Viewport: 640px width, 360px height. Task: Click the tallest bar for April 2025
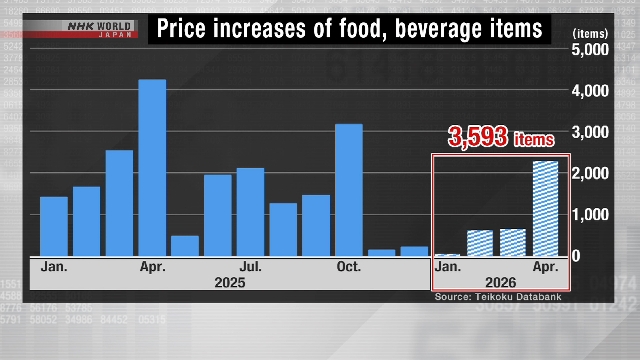coord(152,167)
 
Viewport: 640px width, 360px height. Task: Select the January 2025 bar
coord(54,226)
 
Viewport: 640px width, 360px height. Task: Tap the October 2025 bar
coord(348,189)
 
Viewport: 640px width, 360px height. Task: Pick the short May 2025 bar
coord(185,245)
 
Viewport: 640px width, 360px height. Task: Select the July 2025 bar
coord(250,211)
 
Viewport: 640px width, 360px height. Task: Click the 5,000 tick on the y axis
coord(589,49)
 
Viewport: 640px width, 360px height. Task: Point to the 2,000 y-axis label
coord(589,173)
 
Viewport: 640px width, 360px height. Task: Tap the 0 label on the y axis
coord(603,256)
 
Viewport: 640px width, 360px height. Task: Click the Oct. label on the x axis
coord(348,267)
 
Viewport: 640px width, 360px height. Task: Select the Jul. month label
coord(250,267)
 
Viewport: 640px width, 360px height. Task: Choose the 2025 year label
coord(230,283)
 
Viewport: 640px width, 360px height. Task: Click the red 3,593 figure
coord(479,137)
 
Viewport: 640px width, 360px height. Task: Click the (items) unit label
coord(590,33)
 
